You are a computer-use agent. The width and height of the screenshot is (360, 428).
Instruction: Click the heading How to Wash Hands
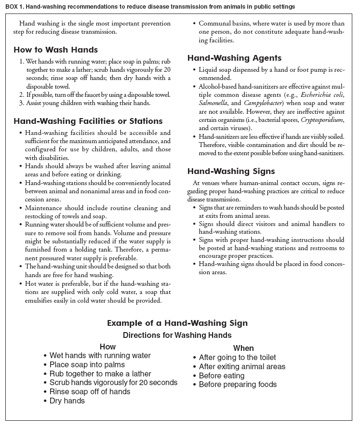[55, 50]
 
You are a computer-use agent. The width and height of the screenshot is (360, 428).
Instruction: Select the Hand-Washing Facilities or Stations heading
[88, 121]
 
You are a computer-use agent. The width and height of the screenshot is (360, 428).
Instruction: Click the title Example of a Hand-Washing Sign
[177, 323]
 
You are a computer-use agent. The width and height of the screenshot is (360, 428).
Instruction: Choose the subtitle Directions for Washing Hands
[177, 335]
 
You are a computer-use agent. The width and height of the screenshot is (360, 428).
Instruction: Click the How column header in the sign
[107, 347]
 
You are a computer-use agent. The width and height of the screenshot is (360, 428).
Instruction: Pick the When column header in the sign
[243, 348]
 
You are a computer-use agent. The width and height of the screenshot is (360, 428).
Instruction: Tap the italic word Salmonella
[214, 103]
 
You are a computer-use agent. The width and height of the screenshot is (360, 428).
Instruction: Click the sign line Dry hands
[67, 401]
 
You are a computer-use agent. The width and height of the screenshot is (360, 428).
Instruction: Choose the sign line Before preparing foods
[238, 385]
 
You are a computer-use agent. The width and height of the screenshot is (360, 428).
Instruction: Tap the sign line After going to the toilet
[237, 358]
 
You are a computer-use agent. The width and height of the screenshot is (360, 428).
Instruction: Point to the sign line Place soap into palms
[87, 365]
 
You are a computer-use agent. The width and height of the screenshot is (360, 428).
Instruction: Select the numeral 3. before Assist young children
[22, 103]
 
